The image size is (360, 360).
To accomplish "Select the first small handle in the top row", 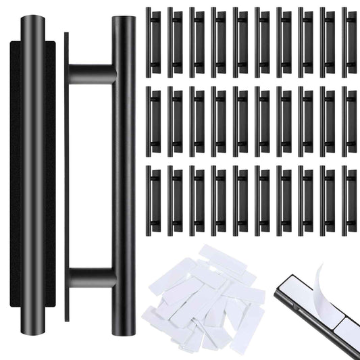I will [x=153, y=41].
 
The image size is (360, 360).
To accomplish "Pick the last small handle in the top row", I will [x=349, y=41].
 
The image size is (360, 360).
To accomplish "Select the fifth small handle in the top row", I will [x=240, y=41].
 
